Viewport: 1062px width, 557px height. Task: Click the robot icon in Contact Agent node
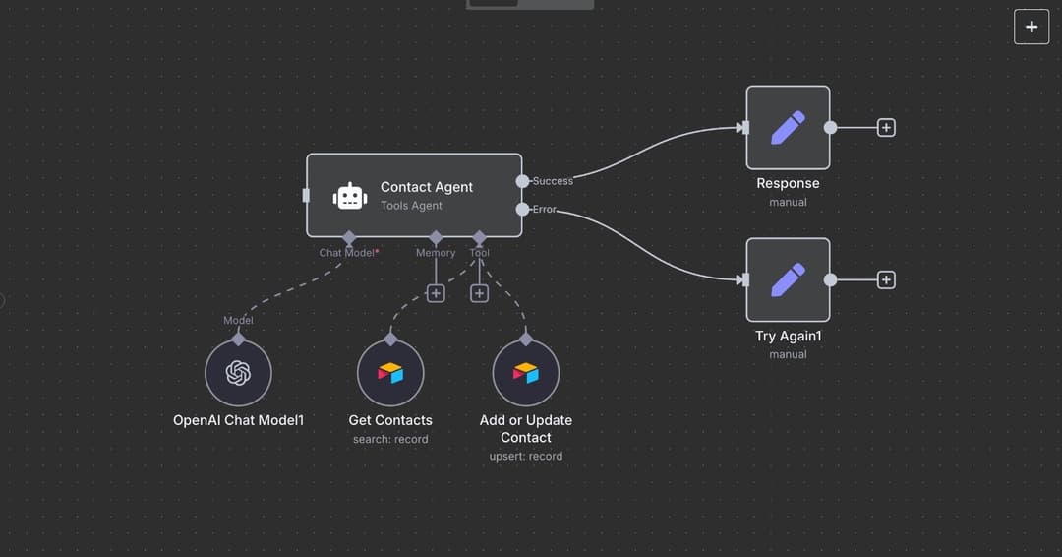(x=350, y=196)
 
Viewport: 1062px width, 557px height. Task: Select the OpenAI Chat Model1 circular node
(x=238, y=374)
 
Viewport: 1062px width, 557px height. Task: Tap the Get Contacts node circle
(x=390, y=374)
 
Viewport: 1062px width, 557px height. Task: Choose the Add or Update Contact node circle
(x=526, y=374)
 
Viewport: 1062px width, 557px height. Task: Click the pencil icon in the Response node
(x=788, y=127)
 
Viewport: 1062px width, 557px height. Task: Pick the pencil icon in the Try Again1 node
(x=788, y=279)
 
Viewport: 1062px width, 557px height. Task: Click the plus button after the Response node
(x=886, y=127)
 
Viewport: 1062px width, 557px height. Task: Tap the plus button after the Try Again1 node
(x=886, y=279)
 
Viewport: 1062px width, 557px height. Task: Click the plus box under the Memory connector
(x=436, y=293)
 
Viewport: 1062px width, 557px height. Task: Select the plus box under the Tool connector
(x=479, y=293)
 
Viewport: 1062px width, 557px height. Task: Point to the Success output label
(x=553, y=181)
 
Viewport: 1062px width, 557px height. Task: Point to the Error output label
(x=544, y=209)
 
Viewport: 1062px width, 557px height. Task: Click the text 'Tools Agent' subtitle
(x=411, y=206)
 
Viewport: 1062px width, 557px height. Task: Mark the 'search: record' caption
(x=390, y=439)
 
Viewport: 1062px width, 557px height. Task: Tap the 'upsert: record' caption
(x=526, y=456)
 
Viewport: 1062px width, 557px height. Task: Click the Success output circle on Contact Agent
(x=522, y=181)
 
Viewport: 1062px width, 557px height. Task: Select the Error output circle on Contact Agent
(x=522, y=209)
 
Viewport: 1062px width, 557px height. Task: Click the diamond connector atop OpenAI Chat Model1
(x=238, y=339)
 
